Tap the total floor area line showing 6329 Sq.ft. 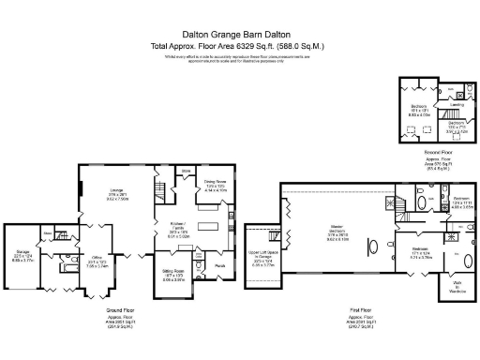point(239,45)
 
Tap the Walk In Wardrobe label point(457,289)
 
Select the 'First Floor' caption point(372,308)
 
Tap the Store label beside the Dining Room point(186,171)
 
